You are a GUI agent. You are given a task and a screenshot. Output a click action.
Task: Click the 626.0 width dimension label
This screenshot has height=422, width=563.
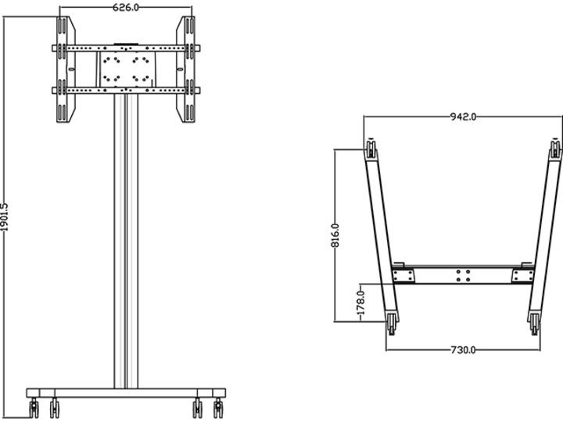point(126,7)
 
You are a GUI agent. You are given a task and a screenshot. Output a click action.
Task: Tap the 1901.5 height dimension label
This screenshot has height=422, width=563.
point(5,217)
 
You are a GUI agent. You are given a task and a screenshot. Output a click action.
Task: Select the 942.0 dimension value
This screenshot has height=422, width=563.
point(463,116)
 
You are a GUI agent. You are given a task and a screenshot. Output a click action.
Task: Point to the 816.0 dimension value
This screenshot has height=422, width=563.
point(335,235)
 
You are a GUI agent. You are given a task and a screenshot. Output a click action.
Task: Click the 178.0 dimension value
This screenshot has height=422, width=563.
point(361,303)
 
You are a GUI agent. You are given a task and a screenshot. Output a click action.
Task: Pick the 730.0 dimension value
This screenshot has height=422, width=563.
point(463,349)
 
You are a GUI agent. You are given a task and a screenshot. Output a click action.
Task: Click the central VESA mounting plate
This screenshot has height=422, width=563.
point(126,69)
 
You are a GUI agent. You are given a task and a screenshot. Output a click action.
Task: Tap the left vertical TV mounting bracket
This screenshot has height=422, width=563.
point(66,70)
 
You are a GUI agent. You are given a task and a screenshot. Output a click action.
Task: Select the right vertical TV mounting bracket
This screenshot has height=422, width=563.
point(185,70)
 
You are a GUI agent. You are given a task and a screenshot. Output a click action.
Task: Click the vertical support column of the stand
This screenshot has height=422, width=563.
point(126,241)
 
